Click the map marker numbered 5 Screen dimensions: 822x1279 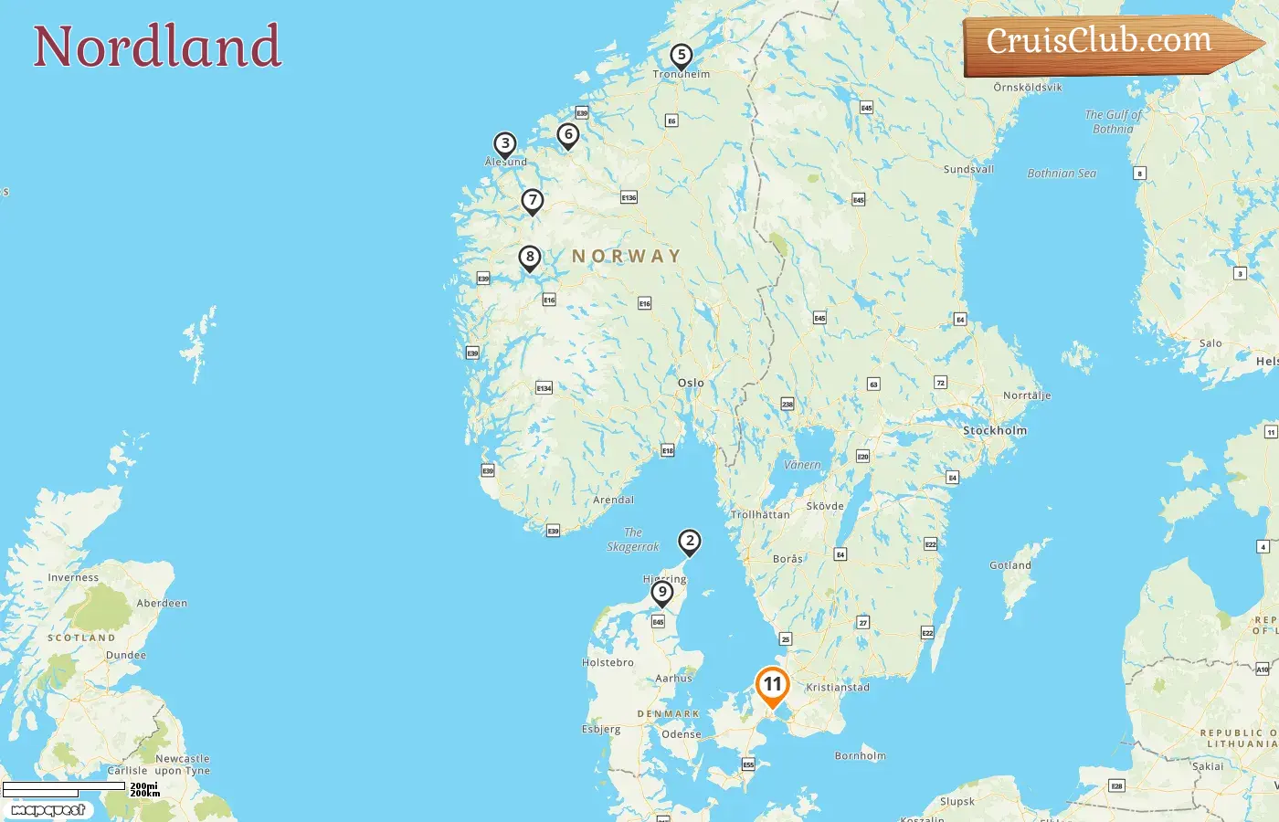tap(681, 56)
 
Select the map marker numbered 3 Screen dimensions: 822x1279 tap(505, 144)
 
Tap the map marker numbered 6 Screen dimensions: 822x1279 tap(568, 135)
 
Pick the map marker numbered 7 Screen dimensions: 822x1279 tap(533, 201)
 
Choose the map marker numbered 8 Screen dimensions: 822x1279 tap(530, 258)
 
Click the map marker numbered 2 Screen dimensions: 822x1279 tap(690, 542)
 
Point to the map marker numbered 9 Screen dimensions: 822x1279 tap(662, 593)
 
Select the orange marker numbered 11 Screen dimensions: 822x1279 tap(772, 685)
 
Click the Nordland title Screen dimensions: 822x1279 tap(157, 47)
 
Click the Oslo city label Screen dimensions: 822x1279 tap(691, 383)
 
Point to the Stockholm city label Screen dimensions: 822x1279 tap(995, 430)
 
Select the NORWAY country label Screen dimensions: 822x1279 tap(627, 257)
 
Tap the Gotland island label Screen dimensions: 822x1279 tap(1010, 565)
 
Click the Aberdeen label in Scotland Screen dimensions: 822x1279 tap(162, 603)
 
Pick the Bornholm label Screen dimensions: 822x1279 tap(861, 755)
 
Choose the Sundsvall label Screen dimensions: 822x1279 tap(968, 169)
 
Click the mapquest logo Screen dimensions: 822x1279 tap(48, 810)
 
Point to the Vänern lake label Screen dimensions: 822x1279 tap(802, 465)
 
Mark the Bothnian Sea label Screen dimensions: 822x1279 tap(1062, 174)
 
